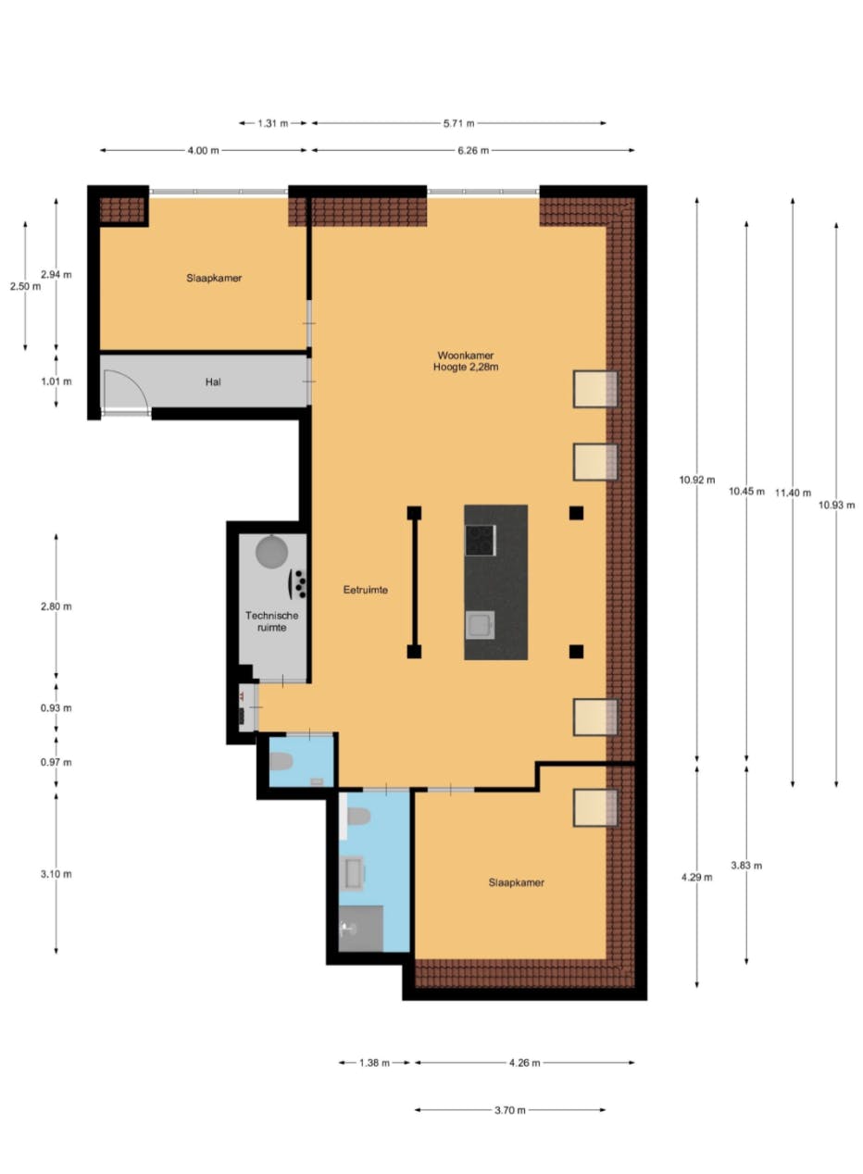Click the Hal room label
(x=214, y=381)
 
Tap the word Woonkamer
(x=465, y=355)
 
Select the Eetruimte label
(x=364, y=589)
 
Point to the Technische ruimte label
(x=265, y=620)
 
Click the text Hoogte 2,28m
(x=465, y=368)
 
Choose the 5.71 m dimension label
(x=457, y=123)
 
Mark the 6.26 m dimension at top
(x=472, y=150)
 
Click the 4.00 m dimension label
(x=204, y=150)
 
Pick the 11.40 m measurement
(x=794, y=493)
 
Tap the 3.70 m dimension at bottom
(x=509, y=1110)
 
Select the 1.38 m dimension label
(x=373, y=1063)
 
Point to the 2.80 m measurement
(x=56, y=606)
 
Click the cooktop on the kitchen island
(x=480, y=540)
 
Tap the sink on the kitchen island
(x=480, y=625)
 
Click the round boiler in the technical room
(x=273, y=552)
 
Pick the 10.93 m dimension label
(x=837, y=505)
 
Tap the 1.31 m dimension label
(x=272, y=123)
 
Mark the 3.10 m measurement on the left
(x=56, y=873)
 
